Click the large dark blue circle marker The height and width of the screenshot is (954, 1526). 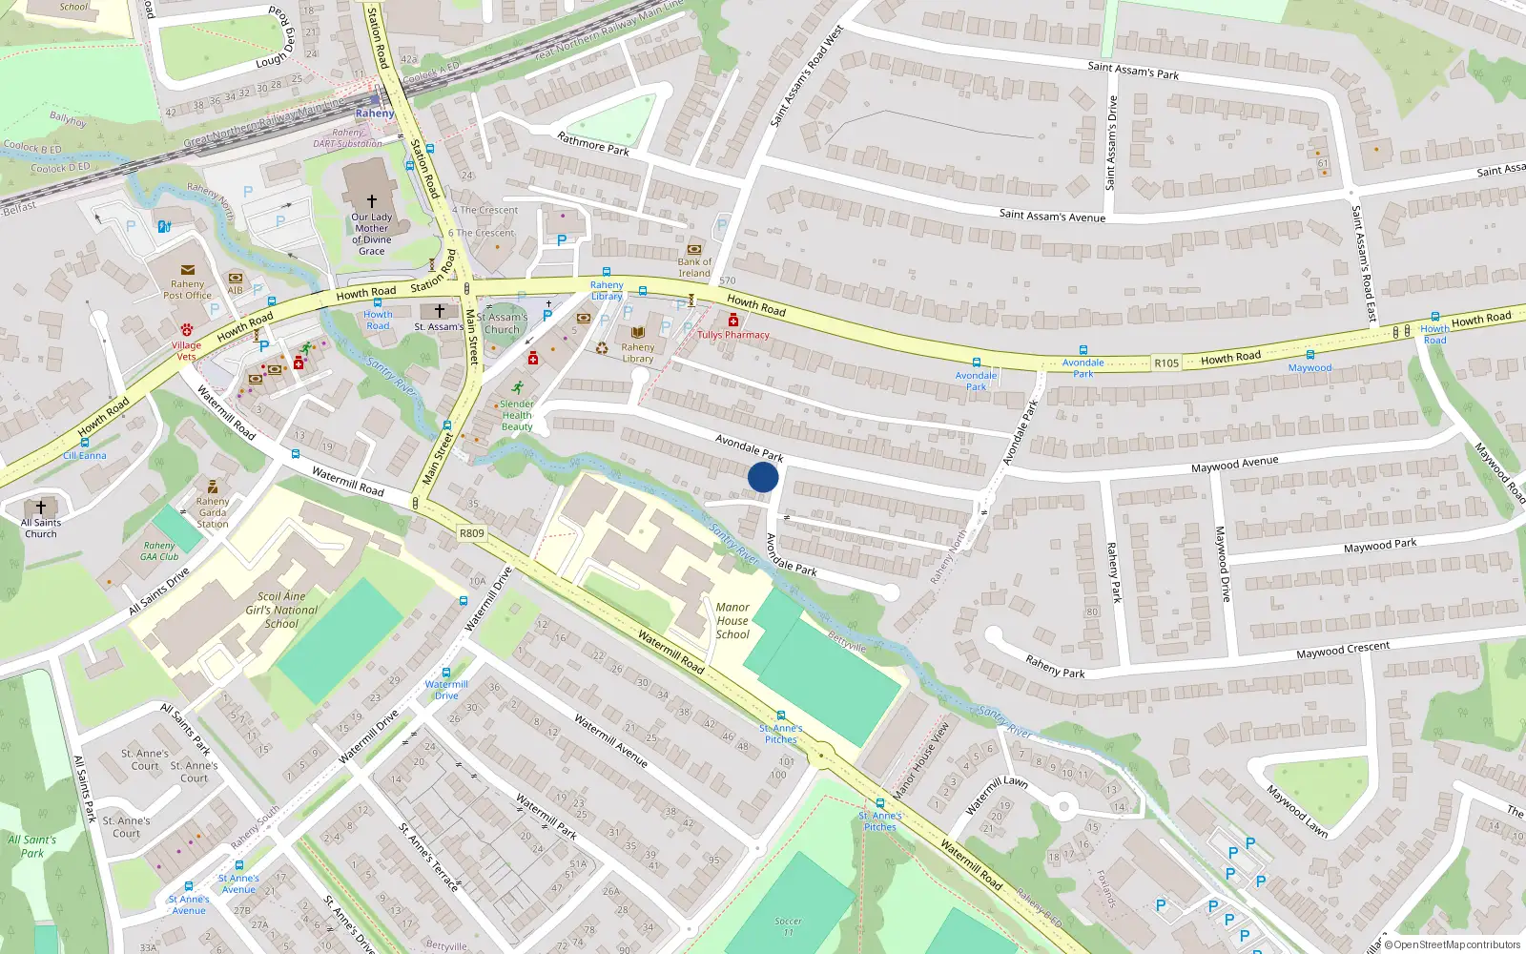point(763,477)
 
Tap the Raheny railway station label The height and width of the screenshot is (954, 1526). point(374,113)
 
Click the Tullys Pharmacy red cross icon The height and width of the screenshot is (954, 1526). point(732,321)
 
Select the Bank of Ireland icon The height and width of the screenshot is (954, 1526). point(694,249)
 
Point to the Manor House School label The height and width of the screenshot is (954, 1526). point(732,620)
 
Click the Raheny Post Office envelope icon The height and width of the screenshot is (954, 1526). point(187,270)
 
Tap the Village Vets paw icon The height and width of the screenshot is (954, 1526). point(186,329)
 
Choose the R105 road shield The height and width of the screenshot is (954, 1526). point(1166,363)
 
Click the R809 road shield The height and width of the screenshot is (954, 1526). point(471,533)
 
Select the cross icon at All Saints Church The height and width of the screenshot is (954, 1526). point(40,508)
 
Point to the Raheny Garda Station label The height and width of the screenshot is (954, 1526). point(213,512)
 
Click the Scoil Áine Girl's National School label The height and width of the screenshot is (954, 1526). point(281,610)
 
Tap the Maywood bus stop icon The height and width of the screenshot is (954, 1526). point(1310,355)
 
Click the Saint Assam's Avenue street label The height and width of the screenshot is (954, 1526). point(1052,216)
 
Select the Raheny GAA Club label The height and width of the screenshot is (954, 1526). point(159,551)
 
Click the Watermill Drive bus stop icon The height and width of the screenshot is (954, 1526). point(445,674)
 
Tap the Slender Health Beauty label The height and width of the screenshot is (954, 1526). point(517,415)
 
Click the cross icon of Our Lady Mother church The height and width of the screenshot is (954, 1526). point(372,201)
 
